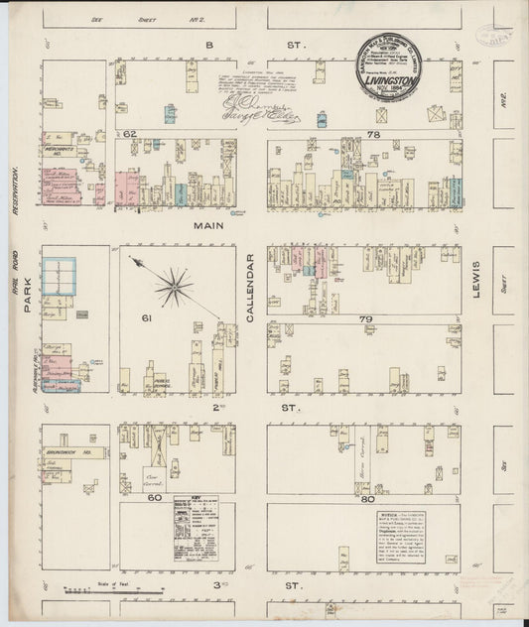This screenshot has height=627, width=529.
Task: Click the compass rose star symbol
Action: [x=176, y=287]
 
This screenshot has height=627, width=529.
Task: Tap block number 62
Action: [x=129, y=133]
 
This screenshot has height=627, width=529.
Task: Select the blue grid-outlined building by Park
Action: [x=61, y=280]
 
